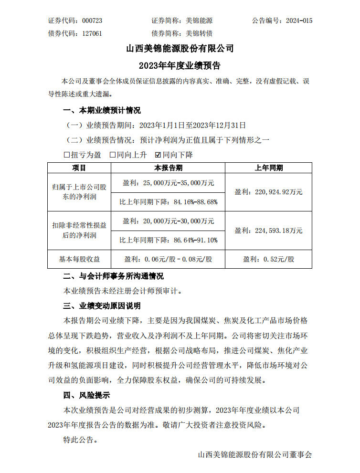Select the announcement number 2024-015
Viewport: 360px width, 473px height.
299,21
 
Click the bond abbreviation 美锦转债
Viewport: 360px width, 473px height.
199,33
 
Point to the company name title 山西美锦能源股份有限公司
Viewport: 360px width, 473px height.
180,48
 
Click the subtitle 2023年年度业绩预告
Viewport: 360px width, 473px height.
180,65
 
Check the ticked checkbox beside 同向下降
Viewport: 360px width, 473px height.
159,155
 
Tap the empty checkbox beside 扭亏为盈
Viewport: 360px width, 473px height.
67,155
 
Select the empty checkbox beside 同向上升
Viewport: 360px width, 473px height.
113,155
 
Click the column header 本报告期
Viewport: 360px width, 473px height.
168,168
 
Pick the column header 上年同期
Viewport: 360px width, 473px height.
268,168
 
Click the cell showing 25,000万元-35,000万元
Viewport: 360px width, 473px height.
168,182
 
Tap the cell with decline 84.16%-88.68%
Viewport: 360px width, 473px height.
168,201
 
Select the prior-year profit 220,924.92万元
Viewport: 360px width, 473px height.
268,192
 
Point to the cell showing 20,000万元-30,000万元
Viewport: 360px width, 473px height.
168,221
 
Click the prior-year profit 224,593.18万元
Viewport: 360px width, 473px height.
268,231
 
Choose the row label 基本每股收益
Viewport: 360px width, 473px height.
79,259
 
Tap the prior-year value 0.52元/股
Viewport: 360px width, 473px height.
268,259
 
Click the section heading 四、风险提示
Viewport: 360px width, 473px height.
86,395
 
